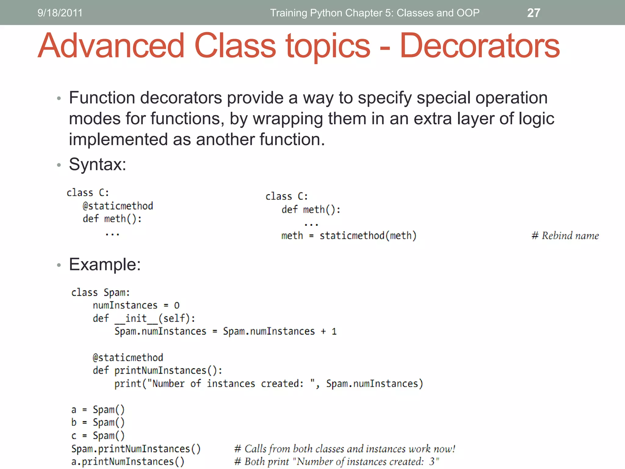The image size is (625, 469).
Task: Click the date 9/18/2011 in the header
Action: tap(60, 13)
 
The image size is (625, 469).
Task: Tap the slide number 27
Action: tap(533, 13)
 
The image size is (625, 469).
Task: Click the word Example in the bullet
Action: tap(103, 264)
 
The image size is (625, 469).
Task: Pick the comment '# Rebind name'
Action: tap(565, 236)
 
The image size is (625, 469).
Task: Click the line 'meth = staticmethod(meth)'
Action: tap(349, 236)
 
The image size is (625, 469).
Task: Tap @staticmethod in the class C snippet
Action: tap(118, 206)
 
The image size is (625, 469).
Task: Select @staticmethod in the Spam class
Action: tap(128, 358)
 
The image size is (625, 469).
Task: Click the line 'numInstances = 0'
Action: tap(136, 305)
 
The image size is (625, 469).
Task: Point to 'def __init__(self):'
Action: tap(144, 318)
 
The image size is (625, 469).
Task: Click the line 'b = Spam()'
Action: tap(98, 423)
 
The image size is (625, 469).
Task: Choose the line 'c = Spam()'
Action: tap(98, 436)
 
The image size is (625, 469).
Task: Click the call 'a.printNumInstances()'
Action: tap(128, 462)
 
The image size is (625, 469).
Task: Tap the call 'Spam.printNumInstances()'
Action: tap(136, 449)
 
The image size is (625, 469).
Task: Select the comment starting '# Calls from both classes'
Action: tap(345, 449)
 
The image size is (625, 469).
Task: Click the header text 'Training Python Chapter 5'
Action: tap(374, 13)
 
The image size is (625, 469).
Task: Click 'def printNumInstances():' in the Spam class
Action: tap(157, 371)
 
